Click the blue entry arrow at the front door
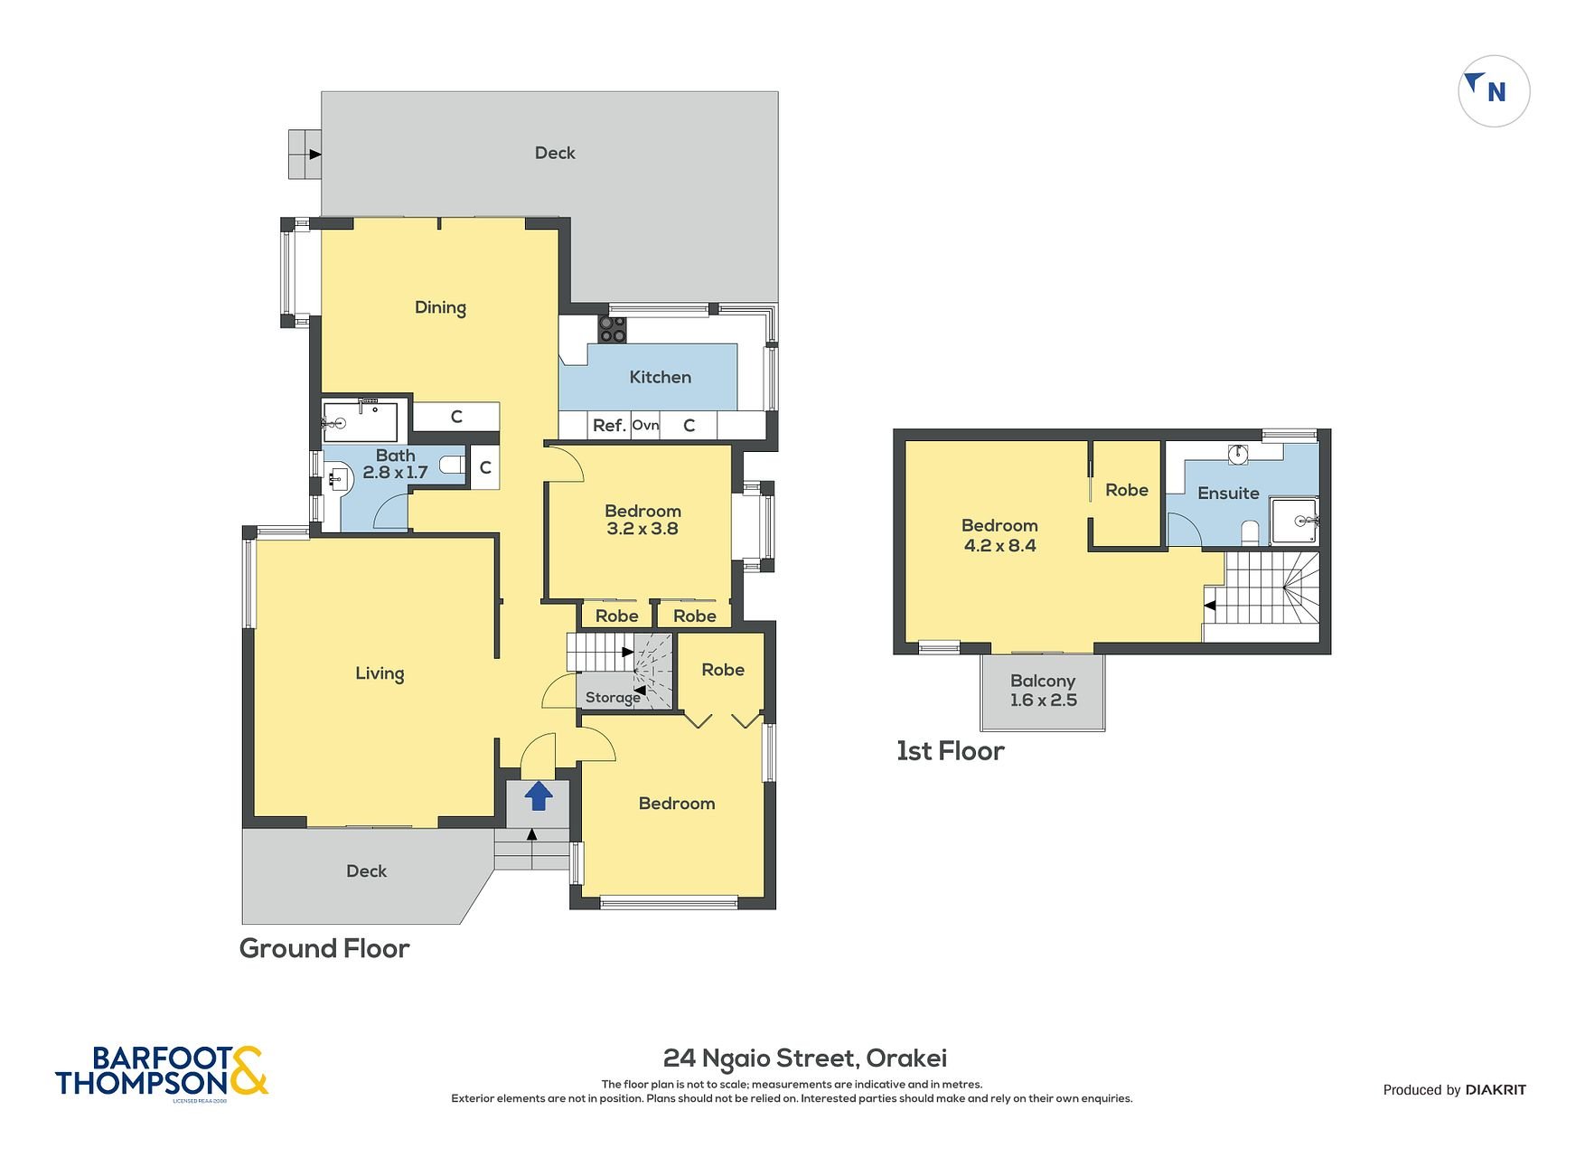pos(539,795)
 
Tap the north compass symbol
pos(1494,91)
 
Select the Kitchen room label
pos(661,377)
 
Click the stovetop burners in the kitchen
pos(613,329)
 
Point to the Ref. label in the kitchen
pos(610,425)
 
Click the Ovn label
pos(645,425)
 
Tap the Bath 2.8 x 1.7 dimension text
pos(396,464)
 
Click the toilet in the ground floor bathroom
pos(453,466)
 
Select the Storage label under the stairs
pos(613,697)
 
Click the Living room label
pos(380,673)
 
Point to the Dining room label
pos(440,307)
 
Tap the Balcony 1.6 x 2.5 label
pos(1043,691)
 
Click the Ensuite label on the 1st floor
pos(1228,493)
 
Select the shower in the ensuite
pos(1295,522)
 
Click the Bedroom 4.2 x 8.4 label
pos(999,535)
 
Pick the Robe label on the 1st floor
pos(1127,490)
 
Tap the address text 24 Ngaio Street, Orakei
pos(805,1058)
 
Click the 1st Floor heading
pos(950,751)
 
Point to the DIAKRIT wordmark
pos(1496,1090)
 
